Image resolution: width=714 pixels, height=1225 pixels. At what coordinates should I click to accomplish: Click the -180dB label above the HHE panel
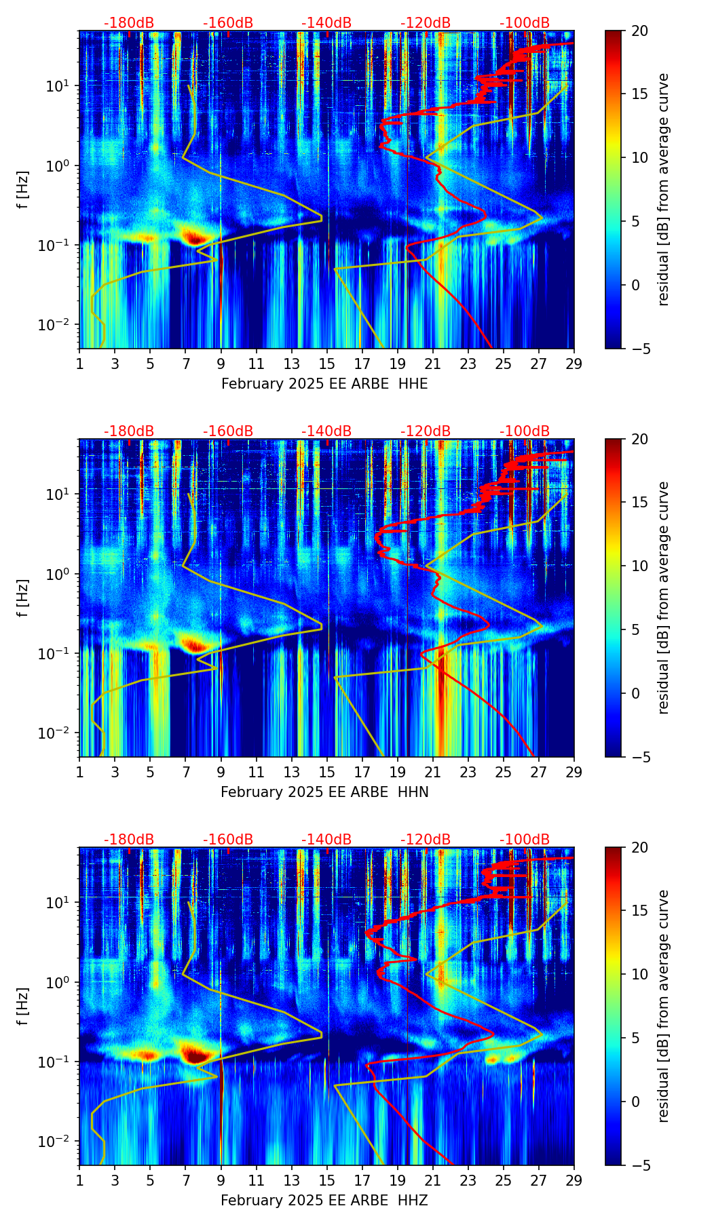[129, 23]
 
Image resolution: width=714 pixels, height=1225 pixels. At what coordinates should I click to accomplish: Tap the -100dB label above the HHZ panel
[525, 840]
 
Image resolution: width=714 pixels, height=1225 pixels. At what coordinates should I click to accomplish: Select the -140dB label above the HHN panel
[326, 431]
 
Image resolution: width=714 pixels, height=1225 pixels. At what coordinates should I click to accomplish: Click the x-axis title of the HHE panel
[324, 384]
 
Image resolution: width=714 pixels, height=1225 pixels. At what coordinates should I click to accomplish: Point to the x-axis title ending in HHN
[324, 792]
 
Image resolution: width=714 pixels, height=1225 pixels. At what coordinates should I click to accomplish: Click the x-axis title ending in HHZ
[324, 1201]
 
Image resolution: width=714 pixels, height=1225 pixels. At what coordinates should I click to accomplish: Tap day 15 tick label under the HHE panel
[327, 364]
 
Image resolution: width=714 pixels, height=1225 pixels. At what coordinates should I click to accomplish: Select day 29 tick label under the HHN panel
[574, 772]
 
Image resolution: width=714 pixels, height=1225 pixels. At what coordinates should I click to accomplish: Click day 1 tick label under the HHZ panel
[80, 1180]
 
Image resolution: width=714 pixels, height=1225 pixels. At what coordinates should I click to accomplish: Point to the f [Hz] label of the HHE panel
[23, 189]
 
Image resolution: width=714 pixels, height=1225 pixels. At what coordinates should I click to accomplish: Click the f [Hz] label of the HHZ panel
[23, 1006]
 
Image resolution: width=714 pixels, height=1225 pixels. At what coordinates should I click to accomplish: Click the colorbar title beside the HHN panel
[663, 598]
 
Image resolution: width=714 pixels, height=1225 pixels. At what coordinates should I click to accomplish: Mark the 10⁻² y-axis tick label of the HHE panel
[60, 326]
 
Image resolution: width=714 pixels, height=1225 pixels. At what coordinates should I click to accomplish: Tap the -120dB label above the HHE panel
[426, 23]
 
